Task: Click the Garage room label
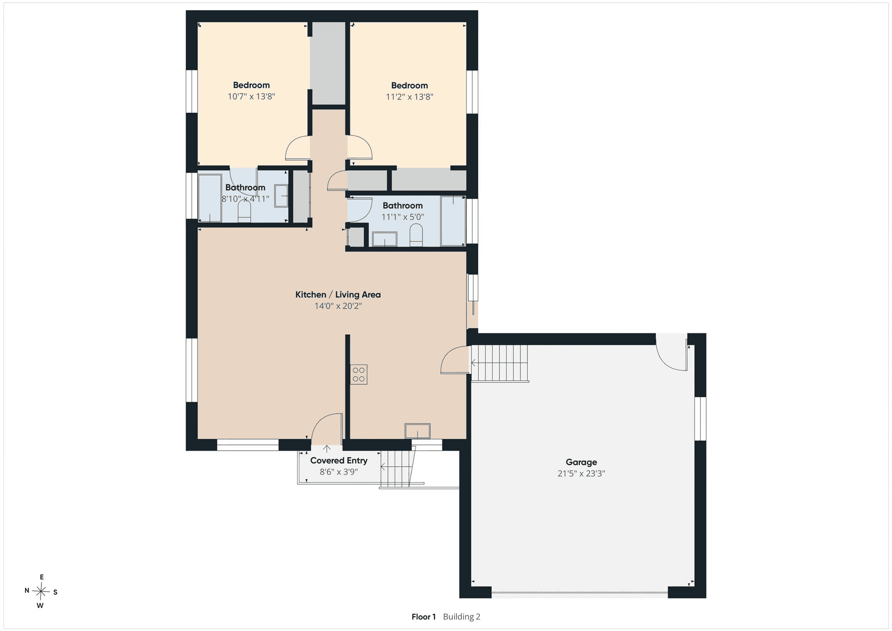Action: coord(581,462)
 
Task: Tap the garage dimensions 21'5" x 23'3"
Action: coord(581,473)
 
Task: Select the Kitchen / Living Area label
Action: coord(338,295)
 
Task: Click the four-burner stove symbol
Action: coord(359,374)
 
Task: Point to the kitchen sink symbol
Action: coord(417,431)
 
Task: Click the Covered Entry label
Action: coord(339,461)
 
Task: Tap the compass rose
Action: coord(41,592)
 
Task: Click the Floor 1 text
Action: coord(424,617)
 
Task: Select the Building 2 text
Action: coord(462,617)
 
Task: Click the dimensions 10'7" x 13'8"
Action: coord(252,96)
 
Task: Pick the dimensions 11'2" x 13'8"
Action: coord(409,97)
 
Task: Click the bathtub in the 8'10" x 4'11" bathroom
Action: coord(210,198)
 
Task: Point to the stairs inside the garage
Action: coord(500,363)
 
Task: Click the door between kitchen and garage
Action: coord(454,360)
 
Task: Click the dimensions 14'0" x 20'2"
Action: coord(338,306)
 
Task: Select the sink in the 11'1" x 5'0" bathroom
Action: coord(384,239)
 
